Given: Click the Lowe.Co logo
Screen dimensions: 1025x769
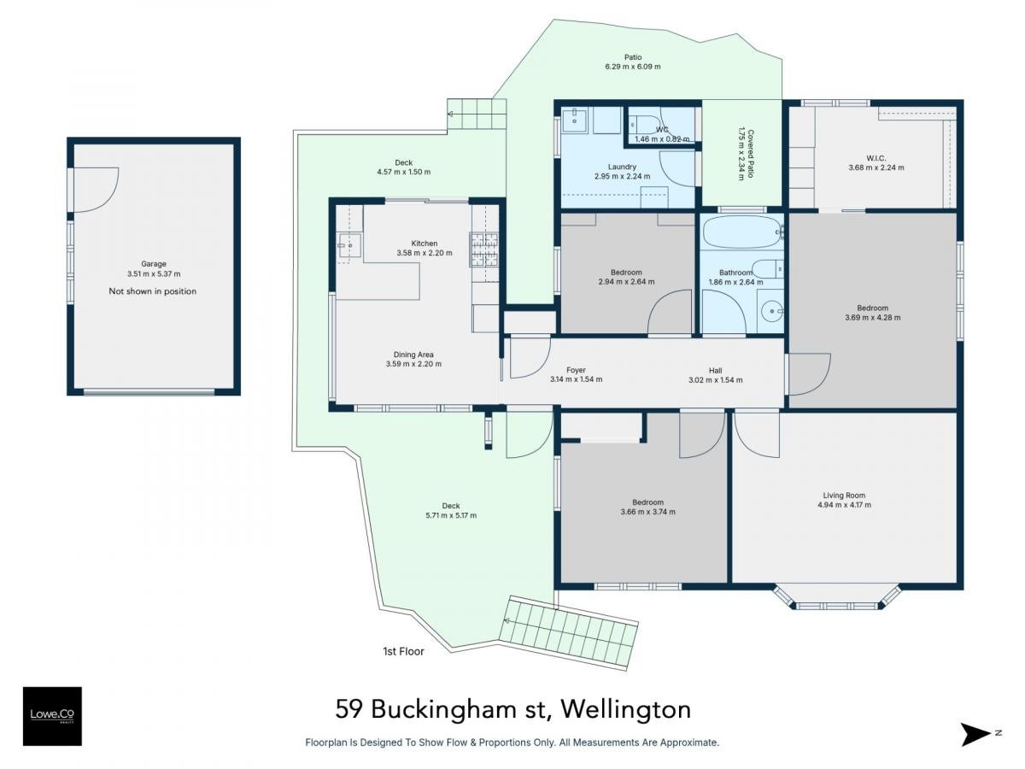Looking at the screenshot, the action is (x=52, y=716).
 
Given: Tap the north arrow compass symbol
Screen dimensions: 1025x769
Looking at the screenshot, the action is (x=975, y=735).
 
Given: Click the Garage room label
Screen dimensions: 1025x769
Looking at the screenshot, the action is (x=154, y=264).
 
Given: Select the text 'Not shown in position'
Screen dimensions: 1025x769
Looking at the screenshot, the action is (x=153, y=291).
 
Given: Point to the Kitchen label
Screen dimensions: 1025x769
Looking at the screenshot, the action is (x=425, y=244).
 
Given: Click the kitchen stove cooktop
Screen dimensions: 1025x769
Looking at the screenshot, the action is (x=484, y=249).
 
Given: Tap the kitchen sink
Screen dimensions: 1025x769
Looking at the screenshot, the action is (x=349, y=245).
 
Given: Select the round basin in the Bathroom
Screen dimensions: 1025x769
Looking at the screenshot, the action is (x=771, y=311).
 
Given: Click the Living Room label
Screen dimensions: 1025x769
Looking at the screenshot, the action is (x=844, y=496).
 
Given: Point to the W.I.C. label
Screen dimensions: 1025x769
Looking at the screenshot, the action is (x=876, y=158).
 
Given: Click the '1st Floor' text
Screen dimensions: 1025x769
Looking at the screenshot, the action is (x=403, y=651).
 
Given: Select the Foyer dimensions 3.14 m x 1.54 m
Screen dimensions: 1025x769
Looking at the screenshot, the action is (x=577, y=379).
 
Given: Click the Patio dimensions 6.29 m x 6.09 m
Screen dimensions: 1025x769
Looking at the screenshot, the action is (x=633, y=67).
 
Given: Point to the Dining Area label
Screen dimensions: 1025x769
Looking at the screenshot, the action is (x=413, y=355).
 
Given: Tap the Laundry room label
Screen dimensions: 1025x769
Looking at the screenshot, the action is (x=622, y=167).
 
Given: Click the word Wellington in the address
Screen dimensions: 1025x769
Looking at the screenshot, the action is (x=626, y=709).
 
